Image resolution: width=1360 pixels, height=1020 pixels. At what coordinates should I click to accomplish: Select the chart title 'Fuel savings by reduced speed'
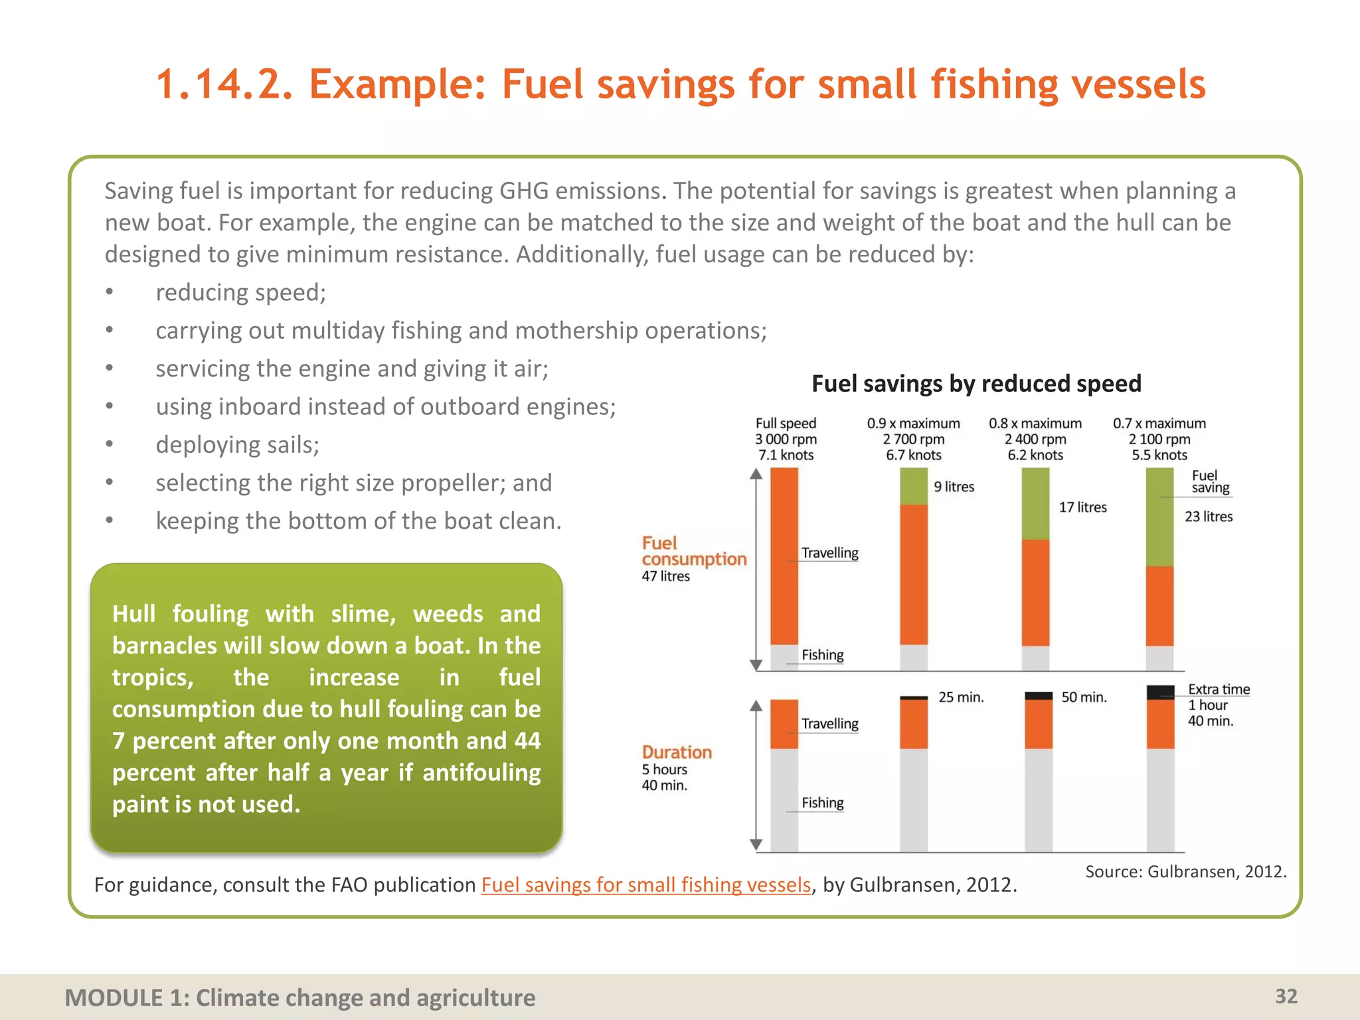pyautogui.click(x=976, y=384)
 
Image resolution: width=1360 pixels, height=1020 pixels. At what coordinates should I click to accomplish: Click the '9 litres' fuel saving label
pyautogui.click(x=954, y=487)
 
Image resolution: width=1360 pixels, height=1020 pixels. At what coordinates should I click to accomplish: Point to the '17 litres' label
pyautogui.click(x=1082, y=507)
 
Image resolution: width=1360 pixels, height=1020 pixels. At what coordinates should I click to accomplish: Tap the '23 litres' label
pyautogui.click(x=1208, y=517)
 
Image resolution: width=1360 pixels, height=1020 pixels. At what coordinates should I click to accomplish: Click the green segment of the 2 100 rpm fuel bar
pyautogui.click(x=1159, y=518)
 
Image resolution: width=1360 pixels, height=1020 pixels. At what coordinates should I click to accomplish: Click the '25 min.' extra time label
pyautogui.click(x=961, y=697)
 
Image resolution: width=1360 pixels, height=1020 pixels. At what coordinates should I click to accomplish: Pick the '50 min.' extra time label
pyautogui.click(x=1084, y=697)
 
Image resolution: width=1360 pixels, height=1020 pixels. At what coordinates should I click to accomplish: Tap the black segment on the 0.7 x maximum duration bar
pyautogui.click(x=1160, y=693)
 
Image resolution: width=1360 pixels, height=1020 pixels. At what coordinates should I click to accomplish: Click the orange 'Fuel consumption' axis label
pyautogui.click(x=693, y=551)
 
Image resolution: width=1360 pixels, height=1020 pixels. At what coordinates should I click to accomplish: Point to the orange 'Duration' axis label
pyautogui.click(x=676, y=752)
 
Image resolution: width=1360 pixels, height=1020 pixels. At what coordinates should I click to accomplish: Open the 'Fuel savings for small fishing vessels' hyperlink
pyautogui.click(x=645, y=885)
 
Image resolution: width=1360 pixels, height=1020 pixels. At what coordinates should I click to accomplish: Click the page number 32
pyautogui.click(x=1286, y=996)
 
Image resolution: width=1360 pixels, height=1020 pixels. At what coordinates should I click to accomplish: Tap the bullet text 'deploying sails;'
pyautogui.click(x=237, y=445)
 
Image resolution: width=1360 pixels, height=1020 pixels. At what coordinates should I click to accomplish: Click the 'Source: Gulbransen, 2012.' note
pyautogui.click(x=1185, y=871)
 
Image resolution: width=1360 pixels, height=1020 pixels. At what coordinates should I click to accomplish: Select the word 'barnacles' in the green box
pyautogui.click(x=165, y=645)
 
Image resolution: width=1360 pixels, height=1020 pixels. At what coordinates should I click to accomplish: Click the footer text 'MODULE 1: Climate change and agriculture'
pyautogui.click(x=299, y=997)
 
